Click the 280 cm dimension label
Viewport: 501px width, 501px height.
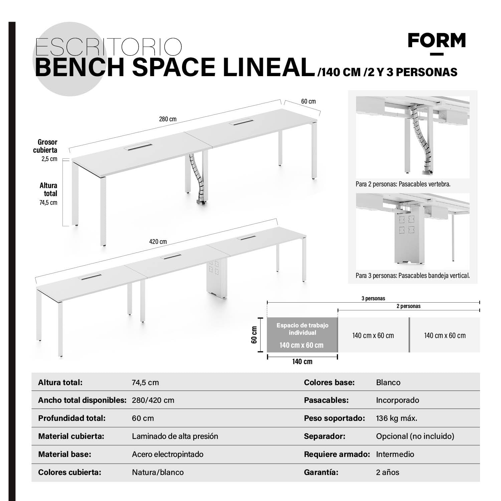click(x=168, y=119)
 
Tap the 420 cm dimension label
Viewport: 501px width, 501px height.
click(x=158, y=241)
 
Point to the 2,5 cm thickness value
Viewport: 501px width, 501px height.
click(x=49, y=159)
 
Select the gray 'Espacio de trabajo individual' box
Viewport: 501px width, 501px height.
click(x=302, y=335)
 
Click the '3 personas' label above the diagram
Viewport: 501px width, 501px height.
click(x=373, y=298)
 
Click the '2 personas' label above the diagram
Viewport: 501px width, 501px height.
click(x=408, y=306)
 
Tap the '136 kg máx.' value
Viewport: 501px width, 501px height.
click(x=396, y=418)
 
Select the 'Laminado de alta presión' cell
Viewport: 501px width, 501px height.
click(x=175, y=436)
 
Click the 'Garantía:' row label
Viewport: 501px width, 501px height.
click(x=321, y=472)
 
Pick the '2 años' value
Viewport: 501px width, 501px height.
click(x=387, y=472)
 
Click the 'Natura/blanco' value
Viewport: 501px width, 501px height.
click(x=158, y=472)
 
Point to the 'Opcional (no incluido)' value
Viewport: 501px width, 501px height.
click(x=415, y=436)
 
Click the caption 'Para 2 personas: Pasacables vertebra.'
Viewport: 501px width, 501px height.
click(x=403, y=184)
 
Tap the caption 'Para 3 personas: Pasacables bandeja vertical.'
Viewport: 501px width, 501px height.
click(x=412, y=276)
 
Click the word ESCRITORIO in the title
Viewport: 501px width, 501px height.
click(x=109, y=48)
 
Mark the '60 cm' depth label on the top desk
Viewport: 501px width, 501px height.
click(x=308, y=101)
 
